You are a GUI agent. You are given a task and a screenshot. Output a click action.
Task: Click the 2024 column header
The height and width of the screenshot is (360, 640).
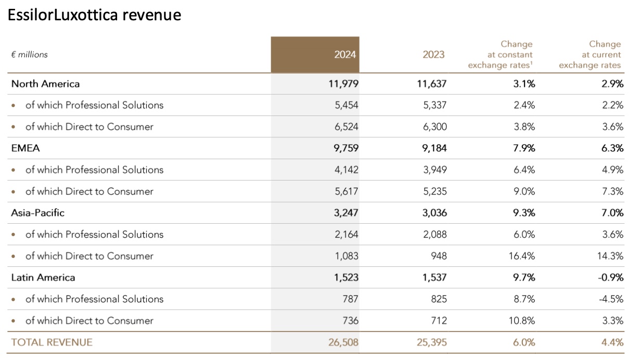345,55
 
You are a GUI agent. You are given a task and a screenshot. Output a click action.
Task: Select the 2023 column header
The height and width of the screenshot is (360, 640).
433,55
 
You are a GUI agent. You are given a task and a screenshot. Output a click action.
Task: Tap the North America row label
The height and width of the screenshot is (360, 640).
45,84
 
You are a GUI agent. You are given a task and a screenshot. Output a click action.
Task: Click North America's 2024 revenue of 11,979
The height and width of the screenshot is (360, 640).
343,84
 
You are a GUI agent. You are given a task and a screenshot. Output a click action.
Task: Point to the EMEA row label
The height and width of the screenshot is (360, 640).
25,148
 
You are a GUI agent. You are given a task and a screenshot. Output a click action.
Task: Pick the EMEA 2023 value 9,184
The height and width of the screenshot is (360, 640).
434,148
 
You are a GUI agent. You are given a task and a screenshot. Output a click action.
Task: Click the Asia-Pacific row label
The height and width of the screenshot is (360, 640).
37,213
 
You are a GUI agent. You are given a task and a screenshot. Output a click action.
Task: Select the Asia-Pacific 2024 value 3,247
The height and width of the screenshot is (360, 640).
346,213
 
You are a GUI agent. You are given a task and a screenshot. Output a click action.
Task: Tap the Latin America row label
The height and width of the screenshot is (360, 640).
43,277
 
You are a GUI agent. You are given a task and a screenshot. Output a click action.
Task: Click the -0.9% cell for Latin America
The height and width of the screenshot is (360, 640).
610,277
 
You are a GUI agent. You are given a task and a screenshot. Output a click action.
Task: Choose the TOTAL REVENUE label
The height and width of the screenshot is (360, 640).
52,342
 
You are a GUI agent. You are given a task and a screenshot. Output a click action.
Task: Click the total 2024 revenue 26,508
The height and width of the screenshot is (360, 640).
343,342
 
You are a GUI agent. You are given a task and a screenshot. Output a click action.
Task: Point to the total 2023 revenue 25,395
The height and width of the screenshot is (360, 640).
432,342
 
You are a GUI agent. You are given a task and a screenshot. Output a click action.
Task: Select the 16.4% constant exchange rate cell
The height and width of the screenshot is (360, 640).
522,256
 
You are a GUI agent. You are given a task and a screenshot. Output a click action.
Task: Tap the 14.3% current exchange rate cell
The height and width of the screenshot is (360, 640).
610,256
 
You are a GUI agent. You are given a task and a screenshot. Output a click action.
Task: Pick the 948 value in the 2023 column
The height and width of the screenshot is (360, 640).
439,256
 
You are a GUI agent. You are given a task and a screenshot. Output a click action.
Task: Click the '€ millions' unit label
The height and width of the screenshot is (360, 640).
30,55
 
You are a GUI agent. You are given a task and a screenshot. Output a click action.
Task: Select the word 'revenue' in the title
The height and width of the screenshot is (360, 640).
152,15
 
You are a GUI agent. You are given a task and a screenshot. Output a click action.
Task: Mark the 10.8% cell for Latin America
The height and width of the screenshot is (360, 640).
522,320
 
